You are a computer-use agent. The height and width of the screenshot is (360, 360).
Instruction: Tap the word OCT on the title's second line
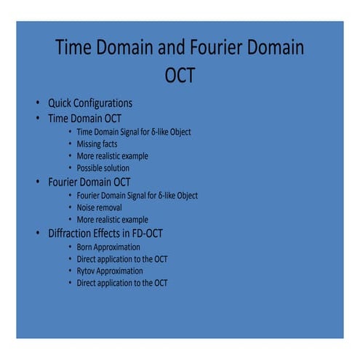pyautogui.click(x=180, y=75)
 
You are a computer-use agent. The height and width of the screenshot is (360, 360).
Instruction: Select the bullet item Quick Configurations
pyautogui.click(x=89, y=102)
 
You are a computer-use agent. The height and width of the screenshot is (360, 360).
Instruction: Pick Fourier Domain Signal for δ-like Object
pyautogui.click(x=137, y=195)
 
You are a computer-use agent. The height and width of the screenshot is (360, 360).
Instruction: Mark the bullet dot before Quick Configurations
pyautogui.click(x=36, y=103)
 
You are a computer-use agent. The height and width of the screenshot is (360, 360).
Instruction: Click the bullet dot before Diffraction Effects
pyautogui.click(x=36, y=233)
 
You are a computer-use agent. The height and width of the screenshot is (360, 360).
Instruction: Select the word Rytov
pyautogui.click(x=89, y=271)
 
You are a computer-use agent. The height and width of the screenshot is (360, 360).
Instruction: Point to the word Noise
pyautogui.click(x=88, y=207)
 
